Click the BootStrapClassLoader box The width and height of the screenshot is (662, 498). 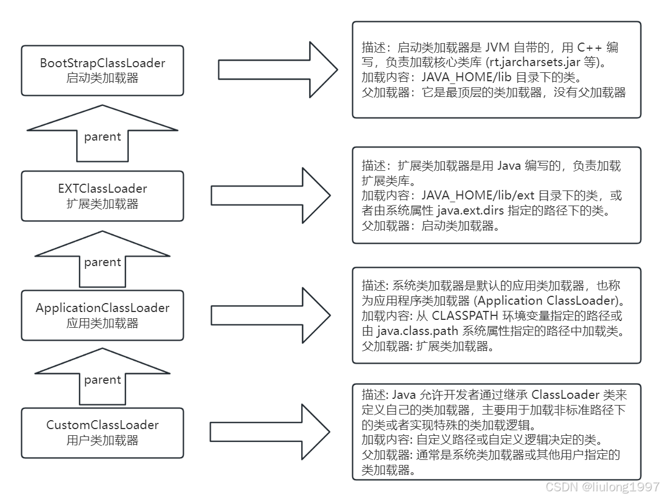pyautogui.click(x=102, y=71)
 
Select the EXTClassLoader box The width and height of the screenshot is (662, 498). pyautogui.click(x=102, y=196)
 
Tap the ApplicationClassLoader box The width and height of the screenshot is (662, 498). pyautogui.click(x=102, y=315)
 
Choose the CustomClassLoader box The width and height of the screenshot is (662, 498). pyautogui.click(x=102, y=432)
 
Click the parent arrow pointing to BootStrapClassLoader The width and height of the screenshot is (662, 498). pyautogui.click(x=102, y=133)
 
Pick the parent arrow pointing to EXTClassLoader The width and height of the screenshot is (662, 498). pyautogui.click(x=102, y=259)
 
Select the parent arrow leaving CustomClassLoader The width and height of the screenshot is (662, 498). pyautogui.click(x=102, y=376)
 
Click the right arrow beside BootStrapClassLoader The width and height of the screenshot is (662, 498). pyautogui.click(x=278, y=69)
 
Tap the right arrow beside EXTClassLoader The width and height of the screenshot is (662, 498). pyautogui.click(x=271, y=196)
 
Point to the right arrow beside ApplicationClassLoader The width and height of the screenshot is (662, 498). pyautogui.click(x=271, y=315)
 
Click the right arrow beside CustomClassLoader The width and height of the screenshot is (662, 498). pyautogui.click(x=270, y=432)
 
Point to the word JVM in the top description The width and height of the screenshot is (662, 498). pyautogui.click(x=497, y=47)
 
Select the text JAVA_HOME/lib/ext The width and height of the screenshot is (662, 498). pyautogui.click(x=478, y=196)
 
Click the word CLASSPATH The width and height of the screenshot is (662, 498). pyautogui.click(x=465, y=316)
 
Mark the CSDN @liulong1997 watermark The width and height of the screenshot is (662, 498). pyautogui.click(x=603, y=487)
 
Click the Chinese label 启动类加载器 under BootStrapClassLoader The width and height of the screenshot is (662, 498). pyautogui.click(x=102, y=78)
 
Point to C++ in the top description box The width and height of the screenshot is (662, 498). pyautogui.click(x=589, y=47)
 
